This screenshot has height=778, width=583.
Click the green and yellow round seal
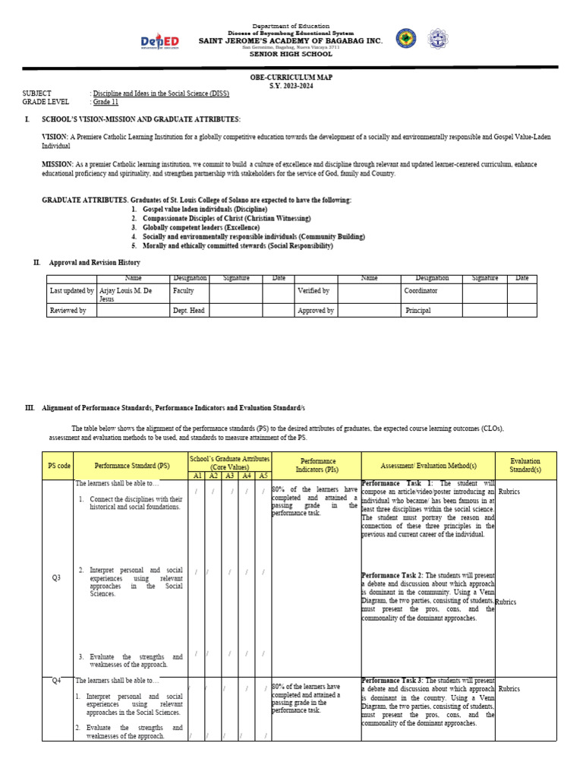coord(406,39)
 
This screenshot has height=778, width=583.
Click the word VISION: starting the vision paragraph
coord(55,137)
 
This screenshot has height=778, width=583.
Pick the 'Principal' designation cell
coord(418,311)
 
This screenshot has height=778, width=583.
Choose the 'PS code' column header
coord(59,465)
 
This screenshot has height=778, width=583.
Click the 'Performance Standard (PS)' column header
coord(131,465)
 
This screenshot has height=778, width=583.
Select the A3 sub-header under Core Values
coord(229,476)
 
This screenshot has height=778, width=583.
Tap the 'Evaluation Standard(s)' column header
coord(525,465)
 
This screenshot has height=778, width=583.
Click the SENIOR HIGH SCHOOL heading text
coord(291,55)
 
